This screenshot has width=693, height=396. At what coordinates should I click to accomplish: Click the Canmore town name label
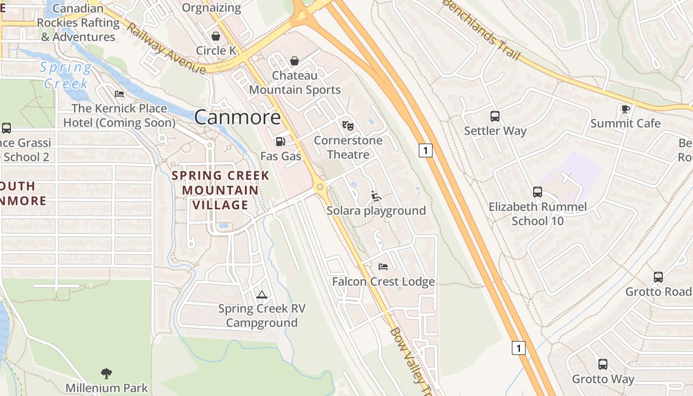(x=237, y=117)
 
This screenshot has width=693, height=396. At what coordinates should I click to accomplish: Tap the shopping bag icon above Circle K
(x=216, y=36)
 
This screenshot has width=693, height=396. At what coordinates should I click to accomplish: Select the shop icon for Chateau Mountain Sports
(x=295, y=61)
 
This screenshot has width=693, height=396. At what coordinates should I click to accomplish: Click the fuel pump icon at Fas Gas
(x=280, y=142)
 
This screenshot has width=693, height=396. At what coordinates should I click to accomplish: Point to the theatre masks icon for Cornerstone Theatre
(x=348, y=126)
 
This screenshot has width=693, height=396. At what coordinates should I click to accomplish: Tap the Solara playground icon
(x=376, y=196)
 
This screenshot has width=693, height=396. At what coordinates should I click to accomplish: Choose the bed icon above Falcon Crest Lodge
(x=383, y=267)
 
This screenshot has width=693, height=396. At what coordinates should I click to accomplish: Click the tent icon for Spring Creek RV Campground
(x=262, y=295)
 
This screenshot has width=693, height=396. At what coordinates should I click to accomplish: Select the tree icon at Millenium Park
(x=106, y=373)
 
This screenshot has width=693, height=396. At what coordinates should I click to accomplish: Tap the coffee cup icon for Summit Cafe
(x=625, y=109)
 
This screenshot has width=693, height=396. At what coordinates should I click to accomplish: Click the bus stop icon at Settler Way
(x=495, y=116)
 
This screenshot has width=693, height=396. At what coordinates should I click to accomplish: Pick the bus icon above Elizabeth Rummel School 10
(x=538, y=192)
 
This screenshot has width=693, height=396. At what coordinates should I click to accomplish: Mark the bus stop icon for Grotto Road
(x=658, y=277)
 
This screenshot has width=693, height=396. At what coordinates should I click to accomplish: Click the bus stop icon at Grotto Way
(x=603, y=364)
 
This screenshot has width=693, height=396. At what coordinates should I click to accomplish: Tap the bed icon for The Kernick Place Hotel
(x=119, y=94)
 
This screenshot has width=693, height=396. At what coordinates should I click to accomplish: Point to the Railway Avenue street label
(x=165, y=48)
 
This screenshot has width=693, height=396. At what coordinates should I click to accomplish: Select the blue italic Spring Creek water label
(x=66, y=75)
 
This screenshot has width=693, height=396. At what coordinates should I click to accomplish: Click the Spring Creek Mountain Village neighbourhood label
(x=221, y=190)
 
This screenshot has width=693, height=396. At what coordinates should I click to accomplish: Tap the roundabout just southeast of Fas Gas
(x=320, y=187)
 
